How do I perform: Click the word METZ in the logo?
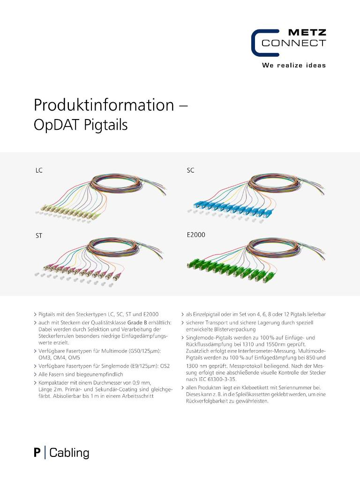307,33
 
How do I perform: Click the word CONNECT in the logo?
293,44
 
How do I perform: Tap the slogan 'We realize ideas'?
293,65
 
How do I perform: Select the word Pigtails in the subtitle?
106,126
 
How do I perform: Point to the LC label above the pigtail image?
39,171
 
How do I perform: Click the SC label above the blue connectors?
190,171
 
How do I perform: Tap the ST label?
39,236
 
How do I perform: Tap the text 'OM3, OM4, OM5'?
56,358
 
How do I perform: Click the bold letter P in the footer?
37,453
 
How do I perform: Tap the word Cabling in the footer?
69,453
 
